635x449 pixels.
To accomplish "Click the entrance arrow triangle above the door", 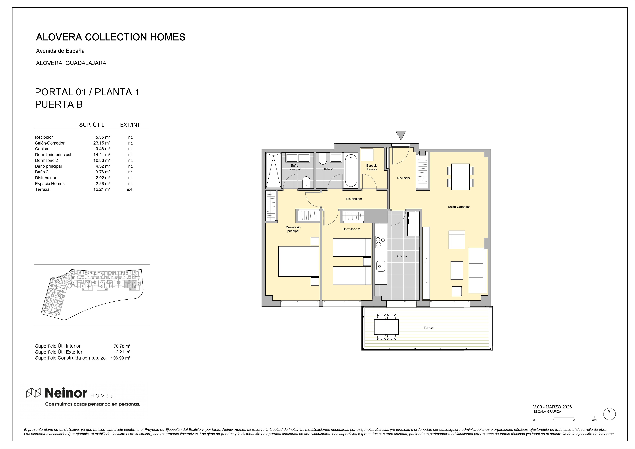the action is coord(401,135).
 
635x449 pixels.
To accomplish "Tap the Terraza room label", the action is coord(429,327).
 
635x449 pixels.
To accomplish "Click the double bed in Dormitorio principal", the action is coord(299,261).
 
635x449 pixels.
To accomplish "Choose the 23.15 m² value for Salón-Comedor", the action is coord(102,143).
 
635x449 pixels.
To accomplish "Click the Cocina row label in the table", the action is coord(41,149).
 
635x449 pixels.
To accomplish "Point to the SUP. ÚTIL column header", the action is coord(92,125).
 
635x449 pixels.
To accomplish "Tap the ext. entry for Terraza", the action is coord(130,189).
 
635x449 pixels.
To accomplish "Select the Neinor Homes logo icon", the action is coord(34,392).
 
